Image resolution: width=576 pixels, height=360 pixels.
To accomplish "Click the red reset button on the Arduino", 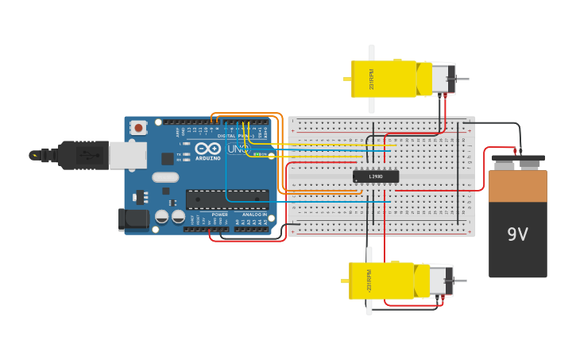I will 139,127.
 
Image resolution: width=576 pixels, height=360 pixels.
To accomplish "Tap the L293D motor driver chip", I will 376,176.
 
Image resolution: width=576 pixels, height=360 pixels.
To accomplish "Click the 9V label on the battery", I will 518,234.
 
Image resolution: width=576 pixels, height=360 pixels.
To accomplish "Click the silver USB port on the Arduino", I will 127,155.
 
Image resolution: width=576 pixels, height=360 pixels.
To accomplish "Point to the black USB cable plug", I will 83,155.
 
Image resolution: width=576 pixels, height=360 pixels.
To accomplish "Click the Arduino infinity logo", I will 207,149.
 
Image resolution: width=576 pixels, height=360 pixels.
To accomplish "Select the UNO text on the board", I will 238,149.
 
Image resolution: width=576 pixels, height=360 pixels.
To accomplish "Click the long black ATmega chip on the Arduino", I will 226,199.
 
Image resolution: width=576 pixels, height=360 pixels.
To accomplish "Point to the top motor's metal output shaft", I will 458,79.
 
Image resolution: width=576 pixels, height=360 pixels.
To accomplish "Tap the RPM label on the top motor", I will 371,79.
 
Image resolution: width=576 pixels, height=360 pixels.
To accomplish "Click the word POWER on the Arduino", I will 220,215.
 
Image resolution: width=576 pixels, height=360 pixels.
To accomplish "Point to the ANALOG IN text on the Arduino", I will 254,215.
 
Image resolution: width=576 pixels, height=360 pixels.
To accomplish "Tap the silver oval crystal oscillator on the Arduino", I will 165,177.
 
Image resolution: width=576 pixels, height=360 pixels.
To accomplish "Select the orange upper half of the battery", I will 518,185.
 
